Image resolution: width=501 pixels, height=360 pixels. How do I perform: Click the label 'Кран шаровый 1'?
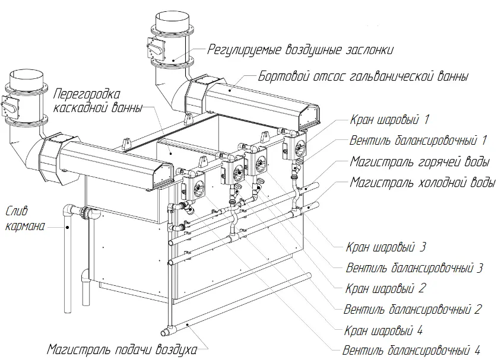coord(389,120)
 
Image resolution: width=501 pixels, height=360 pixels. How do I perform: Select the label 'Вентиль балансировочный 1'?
coord(418,141)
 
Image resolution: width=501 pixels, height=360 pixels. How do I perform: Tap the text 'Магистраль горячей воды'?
coord(420,161)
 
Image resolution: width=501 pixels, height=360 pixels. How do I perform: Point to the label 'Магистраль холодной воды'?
coord(422,182)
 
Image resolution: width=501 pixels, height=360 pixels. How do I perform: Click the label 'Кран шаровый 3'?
coord(385,247)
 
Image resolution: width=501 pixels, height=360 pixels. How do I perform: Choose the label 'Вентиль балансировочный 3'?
coord(414,267)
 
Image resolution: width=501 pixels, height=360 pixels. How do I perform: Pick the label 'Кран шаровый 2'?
coord(385,288)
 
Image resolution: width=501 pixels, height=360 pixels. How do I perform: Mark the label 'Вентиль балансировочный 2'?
coord(413,309)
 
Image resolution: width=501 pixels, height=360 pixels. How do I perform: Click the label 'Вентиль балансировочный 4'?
coord(411,350)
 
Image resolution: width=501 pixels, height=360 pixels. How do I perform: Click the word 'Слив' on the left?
coord(17,211)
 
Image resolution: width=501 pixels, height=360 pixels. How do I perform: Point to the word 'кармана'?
coord(24,225)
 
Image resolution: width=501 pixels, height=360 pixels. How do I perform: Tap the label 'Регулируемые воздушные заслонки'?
coord(300,50)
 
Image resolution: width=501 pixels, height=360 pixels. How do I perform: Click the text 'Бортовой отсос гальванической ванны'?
coord(363,77)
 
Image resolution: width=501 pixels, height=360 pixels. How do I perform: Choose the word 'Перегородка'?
coord(87,94)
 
